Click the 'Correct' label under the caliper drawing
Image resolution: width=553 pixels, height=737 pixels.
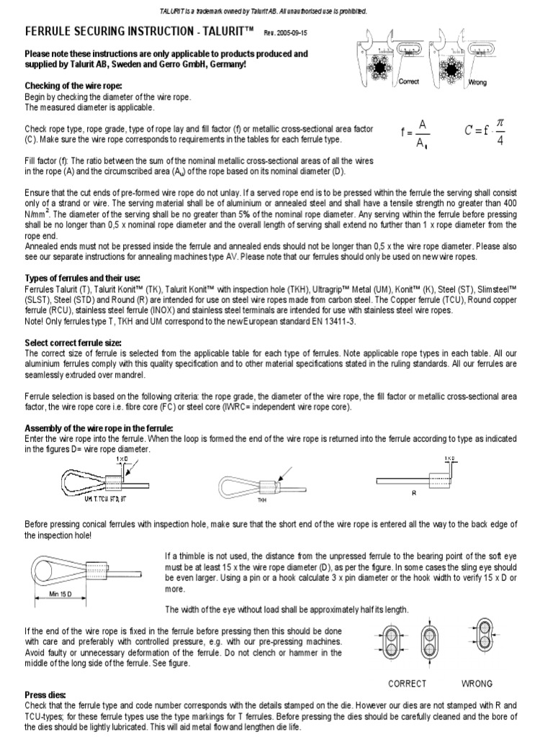coord(409,83)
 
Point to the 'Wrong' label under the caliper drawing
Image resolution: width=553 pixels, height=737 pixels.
coord(477,83)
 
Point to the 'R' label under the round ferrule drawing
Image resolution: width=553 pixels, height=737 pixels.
coord(414,494)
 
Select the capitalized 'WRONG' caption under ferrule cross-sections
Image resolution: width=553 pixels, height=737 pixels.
coord(477,684)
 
